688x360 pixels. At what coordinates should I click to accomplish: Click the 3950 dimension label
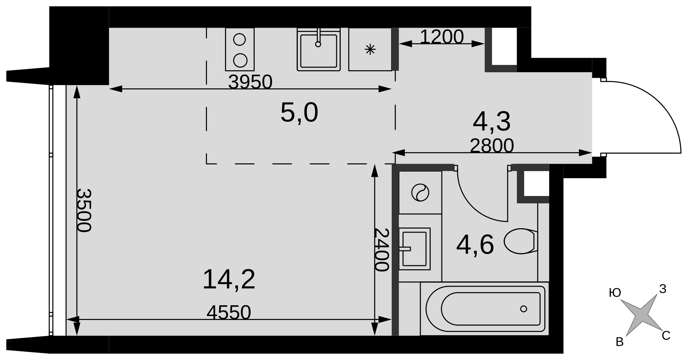(x=250, y=82)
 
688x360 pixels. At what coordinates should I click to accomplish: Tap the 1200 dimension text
(x=442, y=37)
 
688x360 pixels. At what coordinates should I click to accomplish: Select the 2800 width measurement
(x=492, y=146)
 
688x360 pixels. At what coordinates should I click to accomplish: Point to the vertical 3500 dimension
(x=84, y=210)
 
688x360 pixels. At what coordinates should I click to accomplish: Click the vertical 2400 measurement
(x=382, y=250)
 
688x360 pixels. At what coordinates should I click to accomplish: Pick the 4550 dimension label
(x=229, y=313)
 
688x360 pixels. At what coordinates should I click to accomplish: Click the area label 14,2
(x=229, y=279)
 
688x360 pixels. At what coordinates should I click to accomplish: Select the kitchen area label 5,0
(x=299, y=113)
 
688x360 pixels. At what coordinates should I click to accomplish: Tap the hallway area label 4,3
(x=492, y=121)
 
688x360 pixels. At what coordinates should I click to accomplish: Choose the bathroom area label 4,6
(x=475, y=245)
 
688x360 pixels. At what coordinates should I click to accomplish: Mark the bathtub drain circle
(x=523, y=309)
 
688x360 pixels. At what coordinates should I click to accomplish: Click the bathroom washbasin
(x=415, y=249)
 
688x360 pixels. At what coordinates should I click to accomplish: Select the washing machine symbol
(x=420, y=193)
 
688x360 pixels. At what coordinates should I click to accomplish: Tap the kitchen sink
(x=318, y=50)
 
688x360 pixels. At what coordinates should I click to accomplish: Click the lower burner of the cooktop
(x=240, y=61)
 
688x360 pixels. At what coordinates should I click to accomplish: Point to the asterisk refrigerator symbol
(x=370, y=50)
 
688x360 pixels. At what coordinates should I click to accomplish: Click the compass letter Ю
(x=615, y=293)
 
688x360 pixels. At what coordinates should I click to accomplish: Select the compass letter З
(x=662, y=289)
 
